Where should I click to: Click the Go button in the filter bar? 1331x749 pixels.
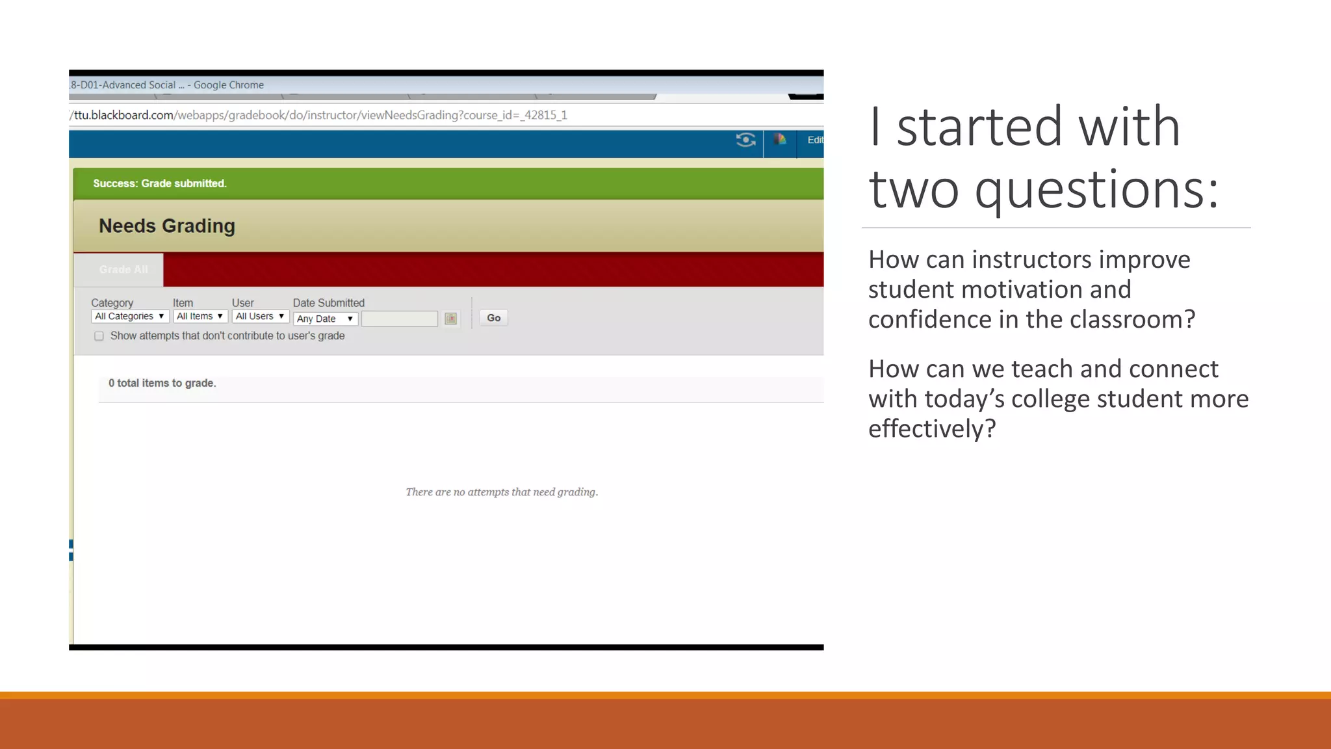pyautogui.click(x=493, y=318)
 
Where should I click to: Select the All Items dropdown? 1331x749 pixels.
pyautogui.click(x=200, y=317)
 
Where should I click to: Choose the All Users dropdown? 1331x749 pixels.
pyautogui.click(x=260, y=317)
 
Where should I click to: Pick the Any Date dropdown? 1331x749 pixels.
pyautogui.click(x=325, y=319)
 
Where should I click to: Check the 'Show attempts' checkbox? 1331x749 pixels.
pyautogui.click(x=99, y=336)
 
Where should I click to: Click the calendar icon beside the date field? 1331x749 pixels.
pyautogui.click(x=450, y=319)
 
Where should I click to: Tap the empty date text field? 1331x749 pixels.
pyautogui.click(x=399, y=319)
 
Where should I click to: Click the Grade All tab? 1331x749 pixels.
pyautogui.click(x=123, y=270)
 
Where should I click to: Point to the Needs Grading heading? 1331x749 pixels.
pyautogui.click(x=166, y=226)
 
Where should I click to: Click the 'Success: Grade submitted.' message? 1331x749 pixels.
pyautogui.click(x=160, y=184)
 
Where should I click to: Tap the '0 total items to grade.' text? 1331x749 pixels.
pyautogui.click(x=162, y=384)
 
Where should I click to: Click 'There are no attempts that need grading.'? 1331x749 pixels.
pyautogui.click(x=502, y=492)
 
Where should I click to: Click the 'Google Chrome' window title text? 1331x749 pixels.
pyautogui.click(x=229, y=85)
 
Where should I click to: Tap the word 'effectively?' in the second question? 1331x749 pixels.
pyautogui.click(x=932, y=429)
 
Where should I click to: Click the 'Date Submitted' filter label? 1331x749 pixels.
pyautogui.click(x=328, y=303)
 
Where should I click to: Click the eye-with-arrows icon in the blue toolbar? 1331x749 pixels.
pyautogui.click(x=745, y=140)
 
